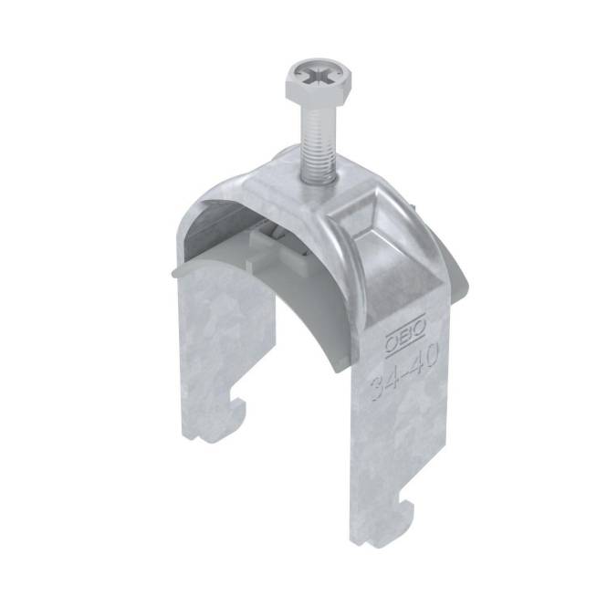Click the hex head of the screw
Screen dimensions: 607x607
319,81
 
